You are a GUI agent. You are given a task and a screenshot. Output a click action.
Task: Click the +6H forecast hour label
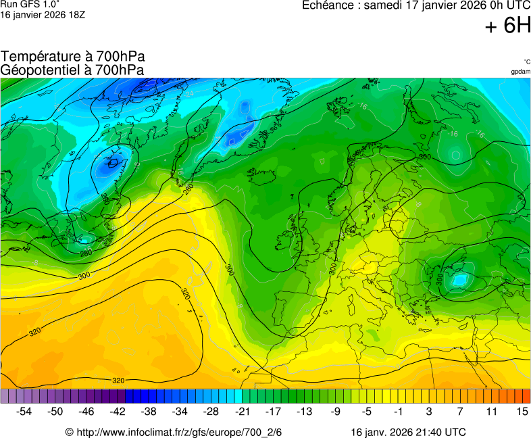(507, 26)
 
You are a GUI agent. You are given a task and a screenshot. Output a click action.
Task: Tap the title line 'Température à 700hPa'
(73, 57)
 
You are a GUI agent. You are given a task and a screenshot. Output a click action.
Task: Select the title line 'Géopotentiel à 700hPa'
(72, 70)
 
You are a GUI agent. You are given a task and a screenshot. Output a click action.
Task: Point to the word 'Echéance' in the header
(327, 5)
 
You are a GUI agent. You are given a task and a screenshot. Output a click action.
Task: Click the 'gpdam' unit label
(520, 71)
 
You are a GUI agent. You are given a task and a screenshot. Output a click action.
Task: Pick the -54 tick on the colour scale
(24, 411)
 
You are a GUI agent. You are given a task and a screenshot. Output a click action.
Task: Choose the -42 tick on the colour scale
(118, 411)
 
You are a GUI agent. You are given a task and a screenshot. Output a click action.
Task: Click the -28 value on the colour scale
(211, 411)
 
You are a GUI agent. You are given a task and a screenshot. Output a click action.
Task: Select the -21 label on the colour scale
(242, 411)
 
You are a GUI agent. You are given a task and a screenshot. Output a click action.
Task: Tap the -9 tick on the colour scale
(335, 411)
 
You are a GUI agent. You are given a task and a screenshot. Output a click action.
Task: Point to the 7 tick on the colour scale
(459, 411)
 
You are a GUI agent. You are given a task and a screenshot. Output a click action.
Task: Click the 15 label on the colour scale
(522, 411)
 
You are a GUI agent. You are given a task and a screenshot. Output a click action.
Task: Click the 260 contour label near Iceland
(105, 197)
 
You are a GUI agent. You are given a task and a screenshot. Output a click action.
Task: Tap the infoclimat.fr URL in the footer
(178, 432)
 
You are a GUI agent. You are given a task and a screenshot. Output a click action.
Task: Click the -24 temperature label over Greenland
(188, 93)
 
